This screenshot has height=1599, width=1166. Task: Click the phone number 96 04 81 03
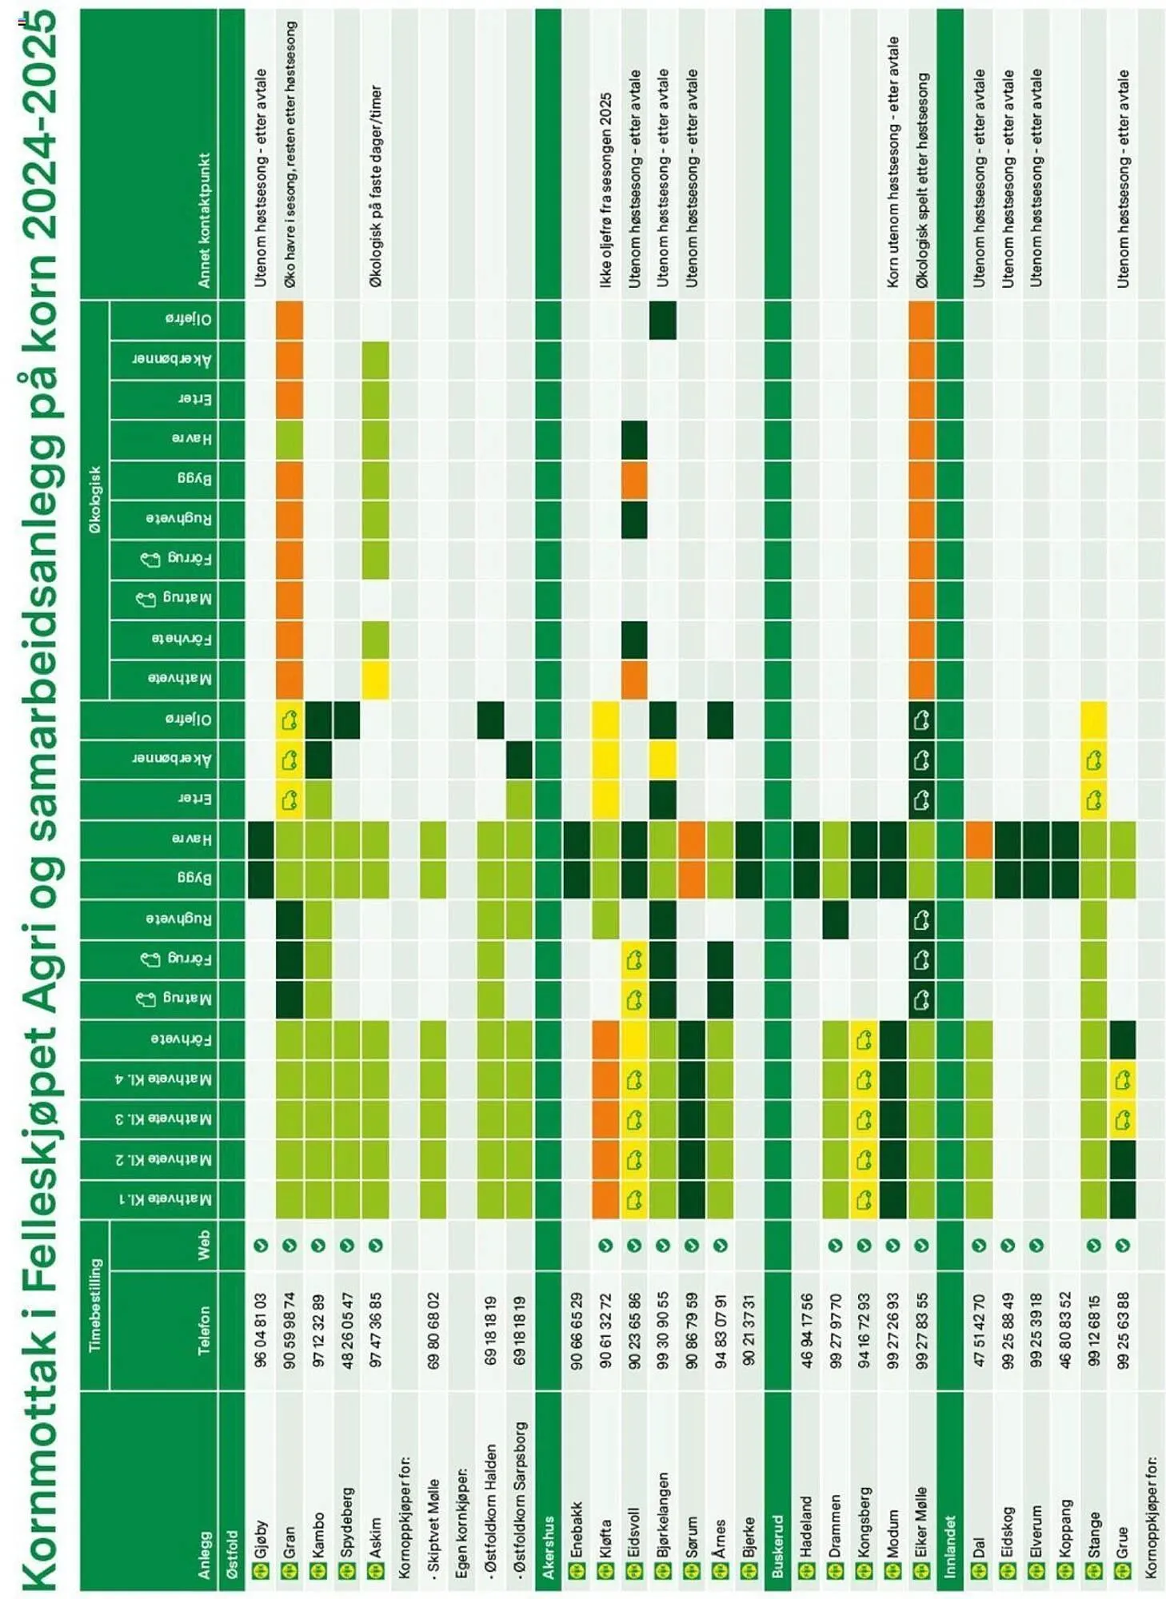click(261, 1330)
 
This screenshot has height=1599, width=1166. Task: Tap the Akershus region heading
click(549, 1547)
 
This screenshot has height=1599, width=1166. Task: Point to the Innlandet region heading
click(950, 1546)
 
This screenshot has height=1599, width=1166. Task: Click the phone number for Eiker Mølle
click(921, 1330)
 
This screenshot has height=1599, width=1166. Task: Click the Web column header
click(205, 1245)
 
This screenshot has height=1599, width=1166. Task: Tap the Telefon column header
click(205, 1330)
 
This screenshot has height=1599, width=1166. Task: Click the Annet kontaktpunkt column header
click(205, 220)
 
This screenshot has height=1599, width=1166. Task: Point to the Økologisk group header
click(95, 500)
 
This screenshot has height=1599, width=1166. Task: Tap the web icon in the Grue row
click(1123, 1245)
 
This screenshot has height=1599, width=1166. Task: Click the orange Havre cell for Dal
click(979, 839)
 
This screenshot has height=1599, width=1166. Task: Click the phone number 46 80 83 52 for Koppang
click(1065, 1330)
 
